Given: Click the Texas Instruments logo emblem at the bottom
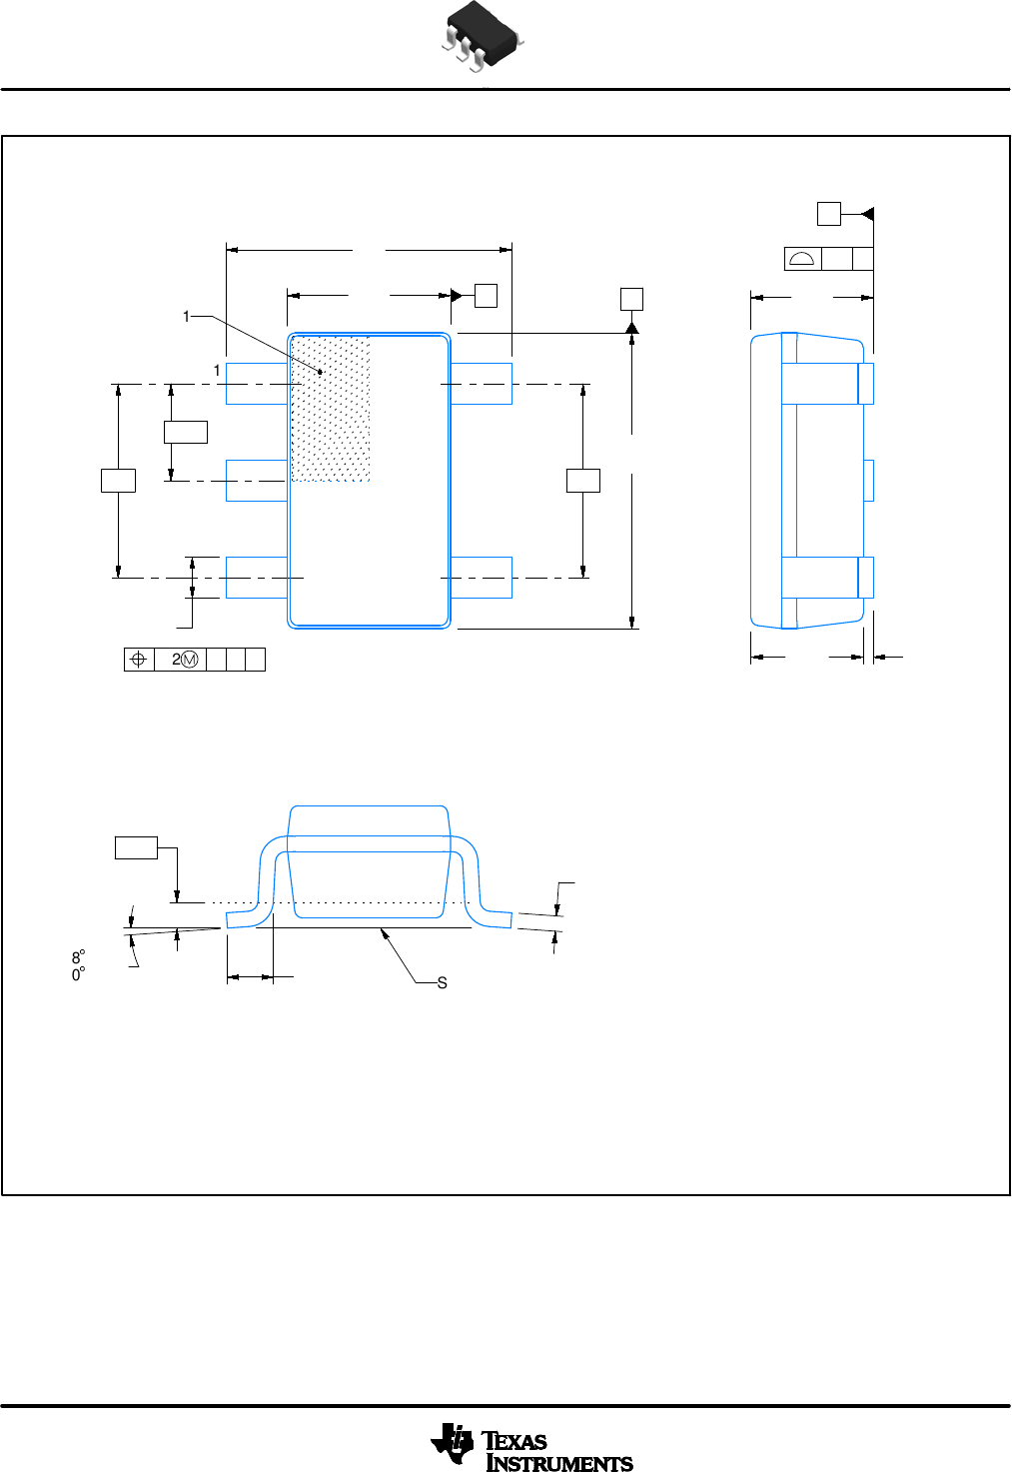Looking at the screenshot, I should coord(453,1444).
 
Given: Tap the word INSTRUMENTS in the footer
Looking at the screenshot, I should coord(559,1463).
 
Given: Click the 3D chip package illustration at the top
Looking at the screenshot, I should coord(482,37).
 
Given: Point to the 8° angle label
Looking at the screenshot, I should coord(78,957).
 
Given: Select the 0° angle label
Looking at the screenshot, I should coord(78,974).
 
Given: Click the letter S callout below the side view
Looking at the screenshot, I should coord(443,983).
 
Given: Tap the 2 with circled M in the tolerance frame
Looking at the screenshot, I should coord(184,660).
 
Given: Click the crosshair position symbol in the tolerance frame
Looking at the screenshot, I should coord(139,660).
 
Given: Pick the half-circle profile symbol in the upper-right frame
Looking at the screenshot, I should coord(802,260).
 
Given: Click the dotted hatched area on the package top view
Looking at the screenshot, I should coord(331,410).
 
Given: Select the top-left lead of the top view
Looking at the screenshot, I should coord(257,384).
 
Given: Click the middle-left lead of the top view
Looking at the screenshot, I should coord(257,481).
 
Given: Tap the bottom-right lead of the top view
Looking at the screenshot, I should coord(482,578).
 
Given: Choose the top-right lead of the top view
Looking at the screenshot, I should coord(482,384).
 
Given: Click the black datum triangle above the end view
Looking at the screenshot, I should coord(868,214).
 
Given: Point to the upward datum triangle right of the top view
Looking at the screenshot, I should coord(631,328).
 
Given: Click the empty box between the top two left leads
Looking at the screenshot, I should coord(186,432).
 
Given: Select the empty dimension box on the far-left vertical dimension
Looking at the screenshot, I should coord(118,480).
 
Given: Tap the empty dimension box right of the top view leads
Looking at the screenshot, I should coord(583,480).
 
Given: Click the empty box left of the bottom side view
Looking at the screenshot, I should coord(136,847).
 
